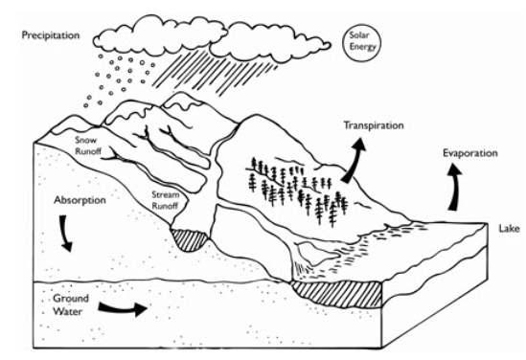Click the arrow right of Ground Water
126,310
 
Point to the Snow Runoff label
88,145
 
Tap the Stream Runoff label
167,199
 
